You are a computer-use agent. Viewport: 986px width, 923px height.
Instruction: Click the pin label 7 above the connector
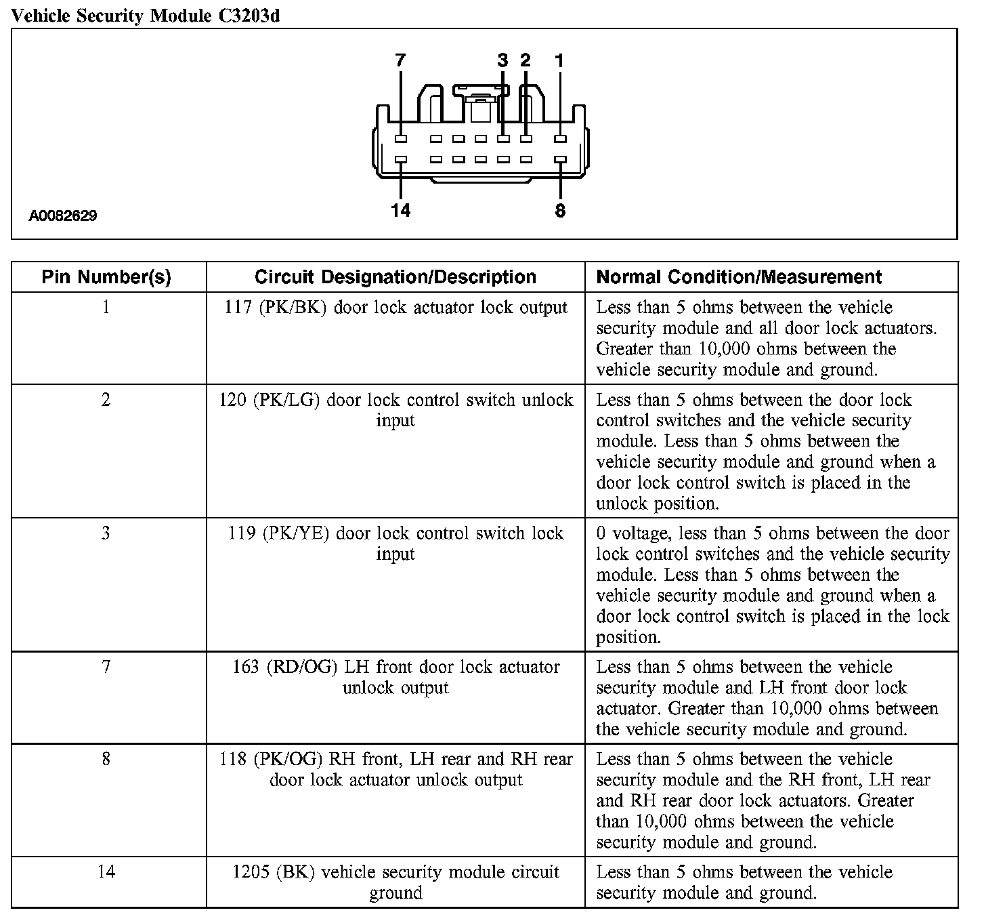400,60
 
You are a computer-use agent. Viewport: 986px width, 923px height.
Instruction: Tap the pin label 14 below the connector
400,211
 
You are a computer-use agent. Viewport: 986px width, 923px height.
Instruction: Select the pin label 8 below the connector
560,211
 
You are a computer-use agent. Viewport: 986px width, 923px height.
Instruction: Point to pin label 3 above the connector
502,60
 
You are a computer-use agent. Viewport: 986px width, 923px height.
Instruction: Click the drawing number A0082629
62,216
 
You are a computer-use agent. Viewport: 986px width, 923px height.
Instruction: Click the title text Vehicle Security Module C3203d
146,16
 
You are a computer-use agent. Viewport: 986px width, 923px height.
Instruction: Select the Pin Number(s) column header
106,277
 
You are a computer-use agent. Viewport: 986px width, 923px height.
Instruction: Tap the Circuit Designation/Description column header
395,277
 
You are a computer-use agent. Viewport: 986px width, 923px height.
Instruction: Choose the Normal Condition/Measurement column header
739,277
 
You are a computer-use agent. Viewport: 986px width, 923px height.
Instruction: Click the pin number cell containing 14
106,871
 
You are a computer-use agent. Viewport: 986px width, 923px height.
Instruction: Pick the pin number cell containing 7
106,667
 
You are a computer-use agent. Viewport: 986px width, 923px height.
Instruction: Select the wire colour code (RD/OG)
302,668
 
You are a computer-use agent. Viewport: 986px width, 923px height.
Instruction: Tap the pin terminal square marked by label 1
560,139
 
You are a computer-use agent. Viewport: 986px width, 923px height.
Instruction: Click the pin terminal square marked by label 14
400,161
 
